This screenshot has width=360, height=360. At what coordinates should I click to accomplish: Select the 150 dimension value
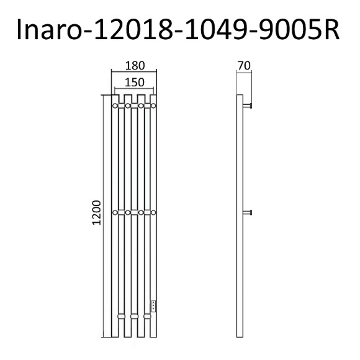134,82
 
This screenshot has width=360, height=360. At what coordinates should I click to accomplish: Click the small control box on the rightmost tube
153,305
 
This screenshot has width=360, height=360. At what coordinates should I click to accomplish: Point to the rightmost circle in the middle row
154,213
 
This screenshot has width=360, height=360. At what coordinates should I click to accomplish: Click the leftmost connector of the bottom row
121,317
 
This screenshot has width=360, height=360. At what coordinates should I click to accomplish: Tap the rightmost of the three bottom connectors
147,317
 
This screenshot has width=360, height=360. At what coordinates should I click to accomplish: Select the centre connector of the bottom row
134,317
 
